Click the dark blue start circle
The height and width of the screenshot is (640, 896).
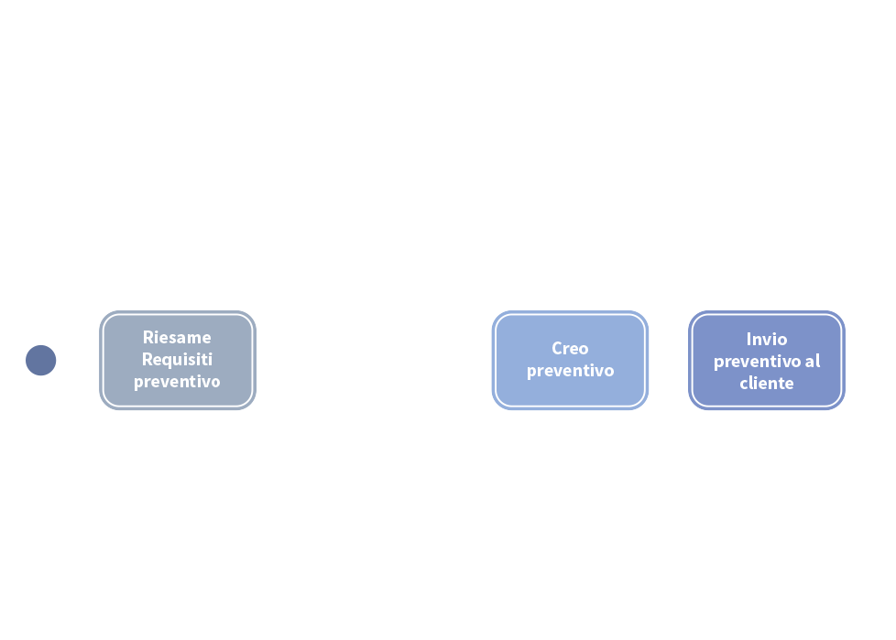(40, 360)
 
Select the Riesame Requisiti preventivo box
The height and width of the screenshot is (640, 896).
(177, 360)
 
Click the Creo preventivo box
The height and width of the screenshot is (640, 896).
(569, 360)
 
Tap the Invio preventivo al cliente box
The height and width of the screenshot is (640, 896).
(766, 360)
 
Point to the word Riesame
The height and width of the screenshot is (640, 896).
(177, 337)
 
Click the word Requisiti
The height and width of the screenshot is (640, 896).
(177, 359)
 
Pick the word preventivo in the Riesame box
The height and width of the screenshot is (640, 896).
(177, 381)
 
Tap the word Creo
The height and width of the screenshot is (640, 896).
(569, 348)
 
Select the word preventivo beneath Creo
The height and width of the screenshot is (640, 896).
(569, 371)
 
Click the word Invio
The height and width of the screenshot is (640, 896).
(766, 339)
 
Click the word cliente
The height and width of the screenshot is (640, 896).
(766, 383)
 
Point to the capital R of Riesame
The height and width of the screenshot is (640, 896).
(148, 337)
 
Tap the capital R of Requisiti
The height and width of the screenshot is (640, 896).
(147, 359)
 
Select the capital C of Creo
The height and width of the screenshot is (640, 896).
(557, 348)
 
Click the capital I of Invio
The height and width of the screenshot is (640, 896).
(748, 339)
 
